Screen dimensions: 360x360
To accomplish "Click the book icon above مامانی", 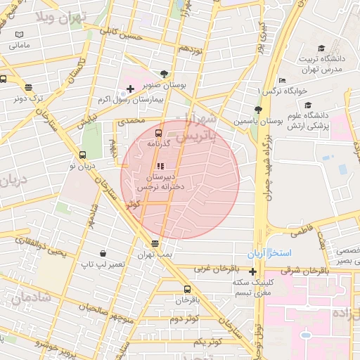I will click(20, 34).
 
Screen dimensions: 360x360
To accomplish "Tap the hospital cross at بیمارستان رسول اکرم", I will click(130, 89).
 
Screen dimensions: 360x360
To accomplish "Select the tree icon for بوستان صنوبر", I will click(164, 73).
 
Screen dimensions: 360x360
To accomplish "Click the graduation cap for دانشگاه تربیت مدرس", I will click(321, 49).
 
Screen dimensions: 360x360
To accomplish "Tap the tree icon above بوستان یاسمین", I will click(258, 110).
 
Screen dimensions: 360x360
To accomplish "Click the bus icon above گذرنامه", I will click(157, 132).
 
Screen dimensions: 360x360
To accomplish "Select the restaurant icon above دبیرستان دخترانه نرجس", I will click(160, 166).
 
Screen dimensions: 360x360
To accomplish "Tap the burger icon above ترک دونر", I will click(28, 88).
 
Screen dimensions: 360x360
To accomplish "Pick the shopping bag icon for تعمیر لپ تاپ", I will click(103, 253).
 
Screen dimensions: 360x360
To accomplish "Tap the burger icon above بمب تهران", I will click(155, 243).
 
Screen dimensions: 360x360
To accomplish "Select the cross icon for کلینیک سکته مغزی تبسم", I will click(252, 271).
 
